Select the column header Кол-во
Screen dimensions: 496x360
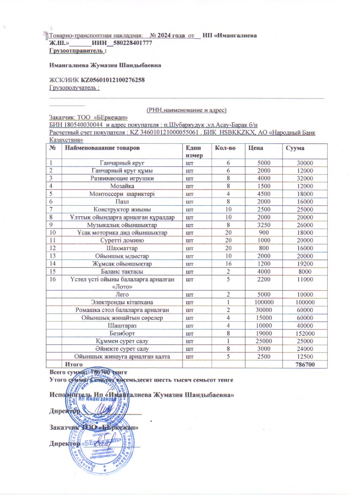tap(224, 148)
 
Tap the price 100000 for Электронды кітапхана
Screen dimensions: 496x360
tap(258, 302)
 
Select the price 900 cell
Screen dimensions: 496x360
tap(258, 232)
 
